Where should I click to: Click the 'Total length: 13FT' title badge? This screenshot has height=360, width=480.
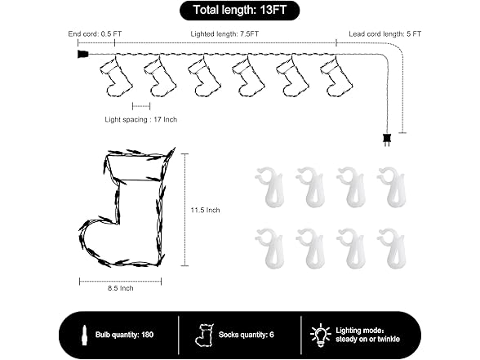click(239, 11)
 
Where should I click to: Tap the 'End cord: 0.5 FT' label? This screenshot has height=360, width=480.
click(95, 33)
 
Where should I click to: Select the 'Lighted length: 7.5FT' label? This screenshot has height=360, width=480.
click(224, 33)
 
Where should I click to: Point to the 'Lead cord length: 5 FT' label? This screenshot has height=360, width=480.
click(384, 33)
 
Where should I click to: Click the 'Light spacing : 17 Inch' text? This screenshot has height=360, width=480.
click(140, 119)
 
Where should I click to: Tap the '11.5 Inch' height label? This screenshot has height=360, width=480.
click(205, 210)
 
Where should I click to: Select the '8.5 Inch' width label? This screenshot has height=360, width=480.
click(120, 288)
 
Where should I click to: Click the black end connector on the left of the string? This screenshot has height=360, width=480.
click(82, 54)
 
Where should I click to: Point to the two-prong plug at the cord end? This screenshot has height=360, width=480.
click(387, 140)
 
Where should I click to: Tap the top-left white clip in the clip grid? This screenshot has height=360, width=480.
click(270, 187)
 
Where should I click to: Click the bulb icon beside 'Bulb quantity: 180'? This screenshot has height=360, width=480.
click(84, 335)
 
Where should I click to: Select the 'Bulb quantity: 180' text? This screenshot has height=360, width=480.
click(124, 335)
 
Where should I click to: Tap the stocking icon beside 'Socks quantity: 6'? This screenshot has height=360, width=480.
click(204, 336)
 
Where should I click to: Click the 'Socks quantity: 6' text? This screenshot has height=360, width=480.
click(247, 335)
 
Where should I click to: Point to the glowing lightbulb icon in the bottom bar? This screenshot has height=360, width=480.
click(320, 336)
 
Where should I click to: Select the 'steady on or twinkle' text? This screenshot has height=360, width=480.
click(367, 340)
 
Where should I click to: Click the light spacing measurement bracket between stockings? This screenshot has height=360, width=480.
click(141, 106)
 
